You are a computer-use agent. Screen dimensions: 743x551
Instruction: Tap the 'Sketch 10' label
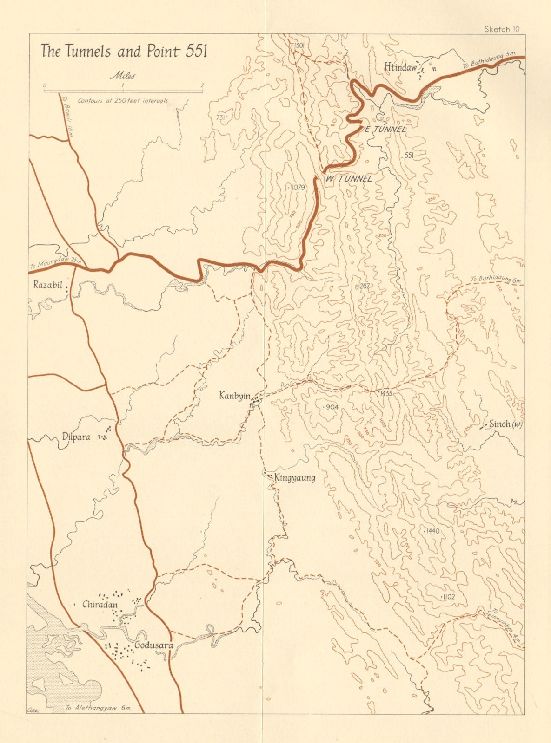click(x=501, y=29)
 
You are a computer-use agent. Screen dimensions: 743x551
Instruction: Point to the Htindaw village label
click(x=400, y=67)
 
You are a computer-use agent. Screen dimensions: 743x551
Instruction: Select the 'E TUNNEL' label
click(x=385, y=130)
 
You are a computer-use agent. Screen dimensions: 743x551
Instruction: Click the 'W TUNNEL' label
click(x=349, y=179)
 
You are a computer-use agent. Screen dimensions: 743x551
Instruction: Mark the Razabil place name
click(x=47, y=285)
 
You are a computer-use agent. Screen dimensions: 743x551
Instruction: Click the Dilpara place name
click(x=76, y=437)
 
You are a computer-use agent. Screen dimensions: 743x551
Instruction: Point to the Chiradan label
click(x=100, y=605)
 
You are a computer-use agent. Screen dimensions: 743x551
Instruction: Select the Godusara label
click(x=153, y=645)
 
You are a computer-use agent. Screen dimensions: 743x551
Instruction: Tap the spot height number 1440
click(x=432, y=531)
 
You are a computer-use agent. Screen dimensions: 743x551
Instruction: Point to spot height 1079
click(x=297, y=188)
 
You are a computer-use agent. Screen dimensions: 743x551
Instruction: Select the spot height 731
click(x=221, y=118)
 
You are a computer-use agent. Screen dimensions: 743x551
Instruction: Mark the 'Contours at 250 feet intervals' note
click(x=123, y=100)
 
